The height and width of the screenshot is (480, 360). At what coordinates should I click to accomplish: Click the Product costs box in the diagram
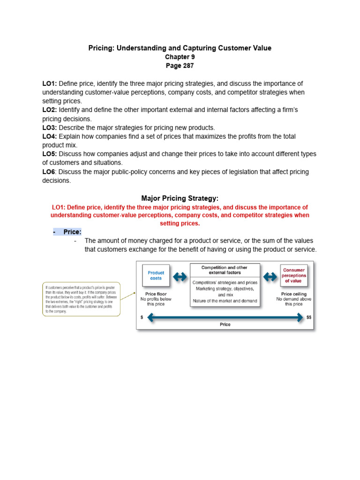pos(156,276)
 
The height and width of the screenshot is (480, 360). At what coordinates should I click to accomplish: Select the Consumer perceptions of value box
pos(294,275)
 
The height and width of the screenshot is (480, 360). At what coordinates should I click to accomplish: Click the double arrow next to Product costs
pos(180,277)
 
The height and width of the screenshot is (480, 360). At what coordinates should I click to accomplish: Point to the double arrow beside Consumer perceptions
pos(270,277)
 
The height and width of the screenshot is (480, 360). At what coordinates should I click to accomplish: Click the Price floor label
pos(156,294)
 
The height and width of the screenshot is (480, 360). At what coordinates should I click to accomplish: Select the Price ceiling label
pos(293,294)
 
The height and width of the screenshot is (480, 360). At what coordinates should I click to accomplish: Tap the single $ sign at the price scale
pos(142,317)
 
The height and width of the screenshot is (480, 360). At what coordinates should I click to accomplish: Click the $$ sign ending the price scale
pos(308,317)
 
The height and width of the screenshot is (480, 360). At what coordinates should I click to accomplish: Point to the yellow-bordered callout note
pos(81,299)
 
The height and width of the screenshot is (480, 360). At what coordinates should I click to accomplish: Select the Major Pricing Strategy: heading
pos(180,198)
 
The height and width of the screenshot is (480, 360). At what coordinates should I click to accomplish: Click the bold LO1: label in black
pos(50,83)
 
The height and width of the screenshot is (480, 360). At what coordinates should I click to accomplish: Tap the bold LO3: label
pos(50,127)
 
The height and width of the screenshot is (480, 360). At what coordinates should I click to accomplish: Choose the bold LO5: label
pos(50,154)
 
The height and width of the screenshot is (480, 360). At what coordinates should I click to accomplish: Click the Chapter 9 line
pos(180,57)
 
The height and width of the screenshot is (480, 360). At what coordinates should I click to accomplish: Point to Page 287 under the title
pos(180,66)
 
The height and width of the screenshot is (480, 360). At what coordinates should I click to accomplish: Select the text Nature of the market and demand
pos(225,301)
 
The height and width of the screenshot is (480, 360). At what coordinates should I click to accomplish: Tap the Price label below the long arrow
pos(225,324)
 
